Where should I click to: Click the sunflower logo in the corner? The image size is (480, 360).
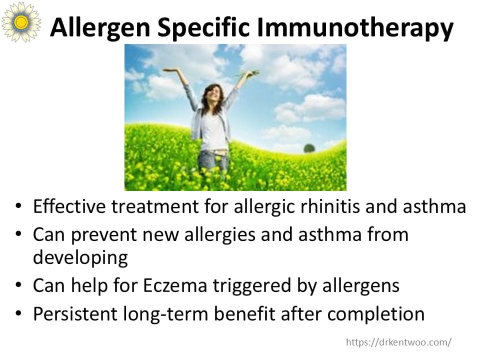[21, 21]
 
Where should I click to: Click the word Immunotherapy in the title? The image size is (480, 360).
[355, 28]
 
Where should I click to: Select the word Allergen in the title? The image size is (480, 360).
[100, 28]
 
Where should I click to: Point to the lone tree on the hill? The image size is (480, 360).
[309, 148]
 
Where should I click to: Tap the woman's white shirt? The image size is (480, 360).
[214, 131]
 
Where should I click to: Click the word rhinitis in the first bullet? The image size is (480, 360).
[330, 206]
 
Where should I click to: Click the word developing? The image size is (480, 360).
[80, 258]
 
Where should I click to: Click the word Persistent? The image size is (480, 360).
[75, 314]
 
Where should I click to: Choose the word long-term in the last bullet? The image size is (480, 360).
[165, 315]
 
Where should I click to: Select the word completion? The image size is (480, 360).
[376, 315]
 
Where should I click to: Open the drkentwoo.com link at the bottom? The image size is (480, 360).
[398, 342]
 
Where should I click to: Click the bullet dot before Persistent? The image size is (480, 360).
[18, 313]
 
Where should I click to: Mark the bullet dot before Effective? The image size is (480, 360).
[18, 206]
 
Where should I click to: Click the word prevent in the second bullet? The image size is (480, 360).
[104, 235]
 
